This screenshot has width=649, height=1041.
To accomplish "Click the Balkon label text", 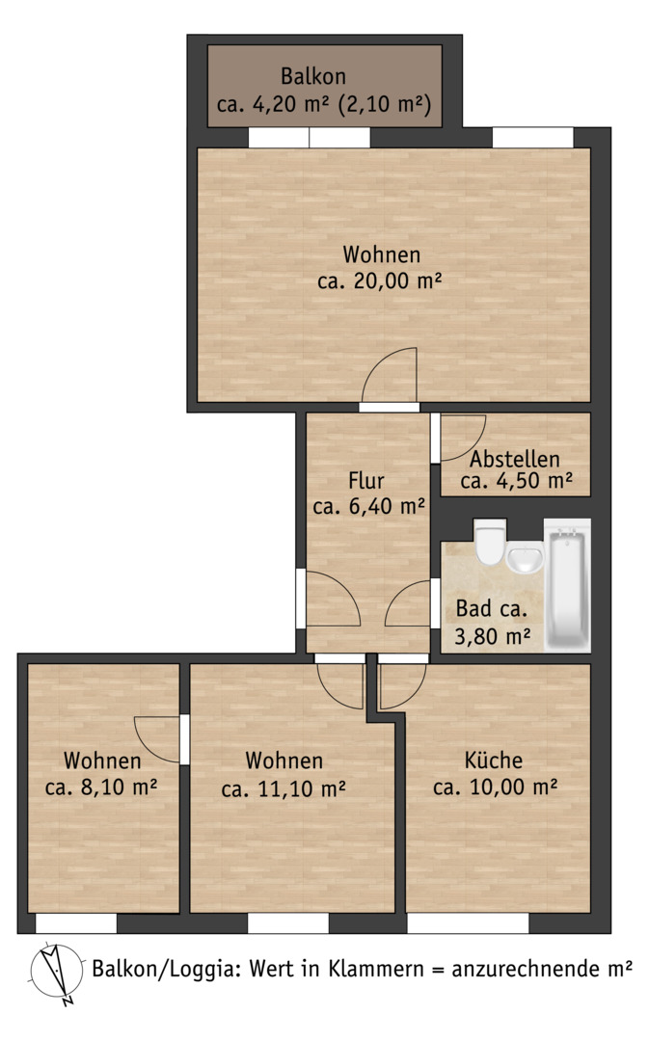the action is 312,76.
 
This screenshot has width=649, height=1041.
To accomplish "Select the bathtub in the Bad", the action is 567,585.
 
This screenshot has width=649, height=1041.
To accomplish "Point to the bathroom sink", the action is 526,558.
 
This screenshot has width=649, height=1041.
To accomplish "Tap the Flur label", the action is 366,480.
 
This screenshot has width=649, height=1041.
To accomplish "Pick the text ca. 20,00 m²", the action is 379,280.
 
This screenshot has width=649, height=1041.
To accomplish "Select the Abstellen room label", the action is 515,459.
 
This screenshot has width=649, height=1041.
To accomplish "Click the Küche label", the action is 494,760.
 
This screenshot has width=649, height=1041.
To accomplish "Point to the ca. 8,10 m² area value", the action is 101,787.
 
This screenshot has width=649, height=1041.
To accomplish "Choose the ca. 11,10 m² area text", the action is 284,788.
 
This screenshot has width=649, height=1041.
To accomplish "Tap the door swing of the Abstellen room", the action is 463,438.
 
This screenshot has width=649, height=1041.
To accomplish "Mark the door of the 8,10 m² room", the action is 157,739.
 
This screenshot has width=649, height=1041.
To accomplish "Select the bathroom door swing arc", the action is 407,602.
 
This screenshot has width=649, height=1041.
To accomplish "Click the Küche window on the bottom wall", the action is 468,923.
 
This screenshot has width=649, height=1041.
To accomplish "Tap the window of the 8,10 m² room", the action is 76,923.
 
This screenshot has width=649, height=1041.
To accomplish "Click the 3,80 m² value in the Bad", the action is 492,637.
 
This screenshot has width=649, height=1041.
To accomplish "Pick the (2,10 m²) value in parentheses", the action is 386,104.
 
